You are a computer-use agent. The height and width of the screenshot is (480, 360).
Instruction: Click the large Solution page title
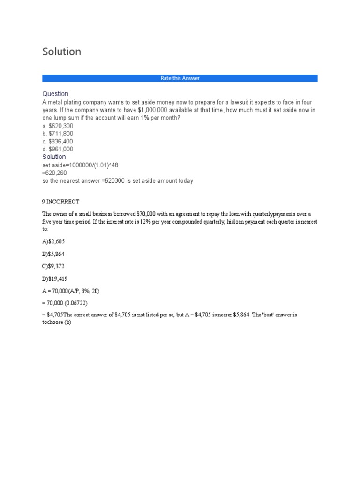61,52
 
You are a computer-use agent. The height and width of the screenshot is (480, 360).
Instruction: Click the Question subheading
55,94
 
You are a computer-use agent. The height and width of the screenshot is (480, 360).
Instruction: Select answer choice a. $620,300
58,126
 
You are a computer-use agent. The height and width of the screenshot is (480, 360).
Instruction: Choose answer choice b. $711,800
58,134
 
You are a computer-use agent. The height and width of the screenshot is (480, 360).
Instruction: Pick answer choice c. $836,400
58,142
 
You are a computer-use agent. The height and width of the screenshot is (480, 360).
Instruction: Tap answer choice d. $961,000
58,149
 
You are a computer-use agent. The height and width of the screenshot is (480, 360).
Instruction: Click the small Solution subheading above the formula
54,157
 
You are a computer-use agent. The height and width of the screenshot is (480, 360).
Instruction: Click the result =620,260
54,173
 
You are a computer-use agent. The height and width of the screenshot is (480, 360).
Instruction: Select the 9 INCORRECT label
61,202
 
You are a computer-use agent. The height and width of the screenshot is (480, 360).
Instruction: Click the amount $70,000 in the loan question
147,214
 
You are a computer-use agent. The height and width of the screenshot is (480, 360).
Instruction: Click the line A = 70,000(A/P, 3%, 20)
71,291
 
